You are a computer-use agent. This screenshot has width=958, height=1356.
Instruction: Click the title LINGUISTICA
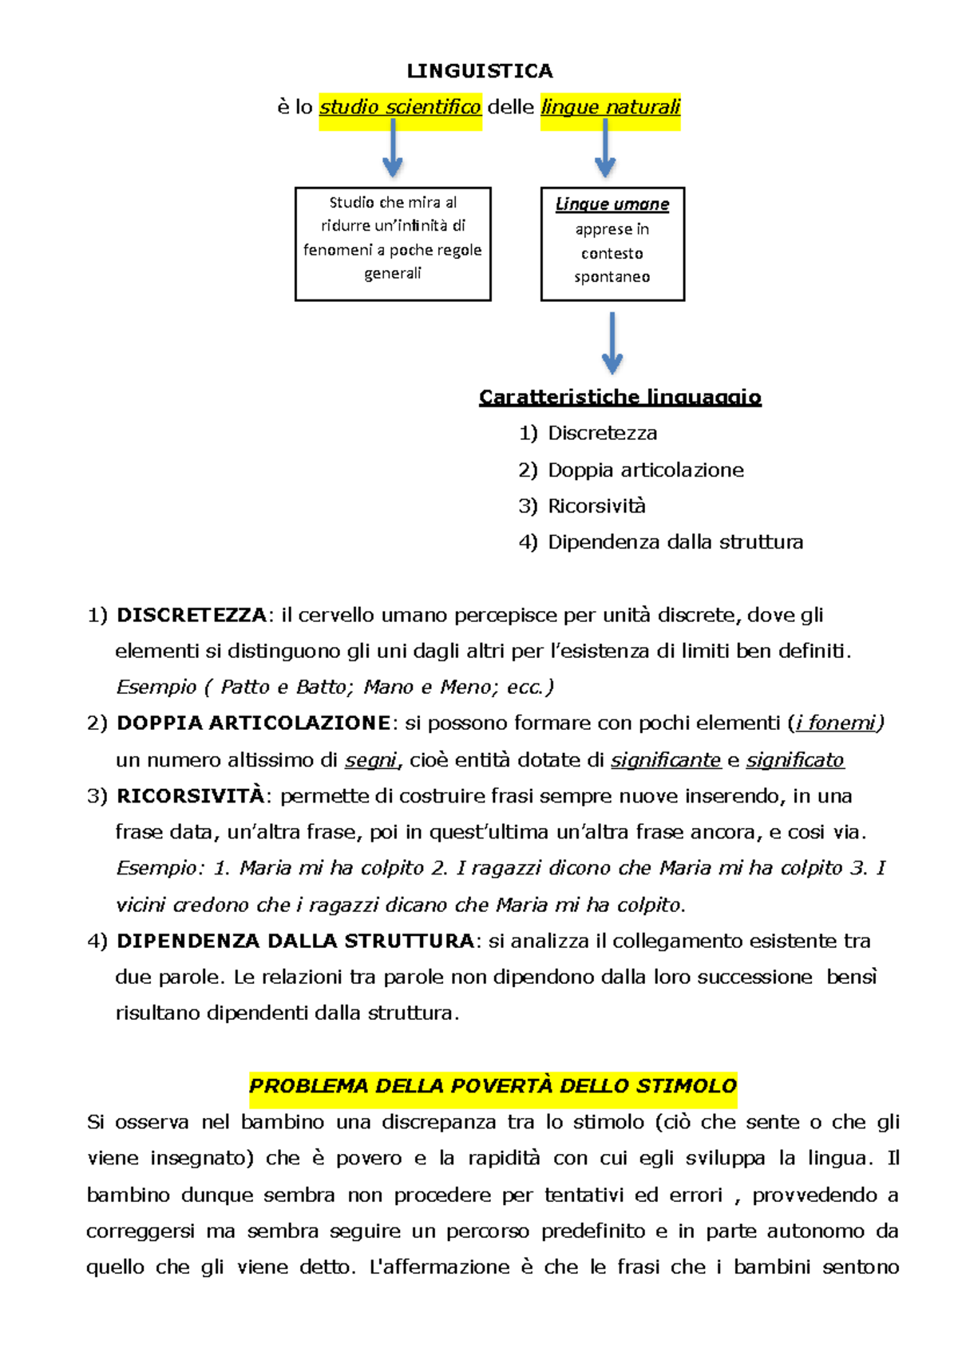[479, 71]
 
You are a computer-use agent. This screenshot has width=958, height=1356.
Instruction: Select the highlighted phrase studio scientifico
[400, 107]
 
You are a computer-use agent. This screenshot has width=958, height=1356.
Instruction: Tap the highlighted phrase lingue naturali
[610, 107]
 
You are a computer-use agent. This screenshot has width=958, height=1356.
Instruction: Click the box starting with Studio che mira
[393, 244]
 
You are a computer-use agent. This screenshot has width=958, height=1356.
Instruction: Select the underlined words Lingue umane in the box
[612, 204]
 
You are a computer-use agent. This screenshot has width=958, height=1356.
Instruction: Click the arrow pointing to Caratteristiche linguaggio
[612, 343]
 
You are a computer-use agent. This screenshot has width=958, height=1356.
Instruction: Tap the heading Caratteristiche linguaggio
[620, 397]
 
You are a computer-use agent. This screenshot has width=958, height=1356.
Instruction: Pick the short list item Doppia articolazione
[645, 470]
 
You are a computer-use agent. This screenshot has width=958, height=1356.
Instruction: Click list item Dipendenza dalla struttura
[675, 541]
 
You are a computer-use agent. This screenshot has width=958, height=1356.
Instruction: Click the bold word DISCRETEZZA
[191, 615]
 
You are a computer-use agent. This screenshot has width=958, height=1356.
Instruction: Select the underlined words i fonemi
[835, 723]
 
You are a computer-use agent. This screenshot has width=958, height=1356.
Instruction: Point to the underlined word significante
[665, 759]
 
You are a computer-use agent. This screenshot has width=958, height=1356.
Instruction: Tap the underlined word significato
[794, 759]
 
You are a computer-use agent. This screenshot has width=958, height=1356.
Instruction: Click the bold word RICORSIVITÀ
[190, 795]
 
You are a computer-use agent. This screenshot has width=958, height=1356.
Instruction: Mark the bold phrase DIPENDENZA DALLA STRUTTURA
[295, 941]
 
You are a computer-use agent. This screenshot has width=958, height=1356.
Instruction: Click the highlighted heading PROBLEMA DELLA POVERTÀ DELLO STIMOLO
[493, 1086]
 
